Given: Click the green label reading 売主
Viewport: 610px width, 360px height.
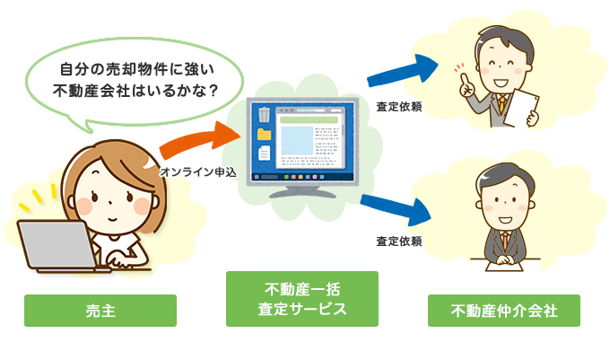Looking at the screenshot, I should [x=100, y=311].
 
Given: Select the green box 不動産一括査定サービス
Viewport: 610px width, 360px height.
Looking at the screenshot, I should [x=302, y=299].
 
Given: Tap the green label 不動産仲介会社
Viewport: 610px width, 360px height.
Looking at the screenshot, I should [x=504, y=311].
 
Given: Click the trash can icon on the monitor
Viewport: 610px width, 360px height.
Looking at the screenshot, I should [x=264, y=114].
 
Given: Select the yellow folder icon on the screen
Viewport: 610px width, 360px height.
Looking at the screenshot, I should [x=264, y=135].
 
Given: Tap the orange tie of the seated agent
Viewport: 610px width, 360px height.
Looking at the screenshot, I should [x=504, y=241].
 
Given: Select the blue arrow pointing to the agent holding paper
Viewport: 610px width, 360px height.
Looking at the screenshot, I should [x=404, y=71].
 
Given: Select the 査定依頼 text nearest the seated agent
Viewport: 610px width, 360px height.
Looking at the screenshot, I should [x=398, y=241].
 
